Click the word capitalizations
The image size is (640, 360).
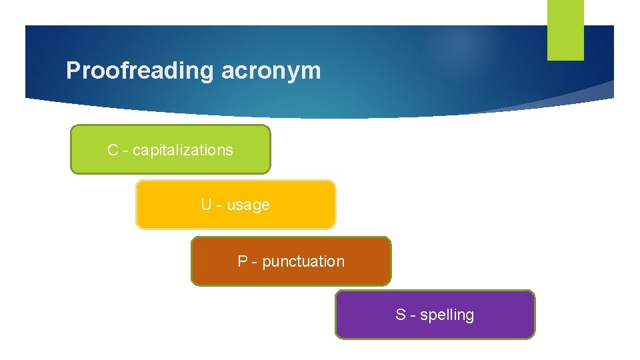click(183, 151)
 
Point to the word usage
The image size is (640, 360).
click(248, 205)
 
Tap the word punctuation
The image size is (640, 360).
click(303, 262)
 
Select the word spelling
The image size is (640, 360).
click(447, 315)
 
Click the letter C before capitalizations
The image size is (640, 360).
click(113, 150)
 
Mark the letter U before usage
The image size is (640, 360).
click(206, 205)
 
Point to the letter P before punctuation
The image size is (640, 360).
click(243, 261)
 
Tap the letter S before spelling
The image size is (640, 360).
click(400, 315)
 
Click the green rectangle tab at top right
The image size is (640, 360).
click(565, 30)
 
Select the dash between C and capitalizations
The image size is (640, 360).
click(125, 151)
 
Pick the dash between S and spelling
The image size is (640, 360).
click(413, 315)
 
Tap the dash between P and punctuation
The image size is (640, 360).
click(255, 262)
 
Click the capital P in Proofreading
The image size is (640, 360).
click(73, 70)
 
